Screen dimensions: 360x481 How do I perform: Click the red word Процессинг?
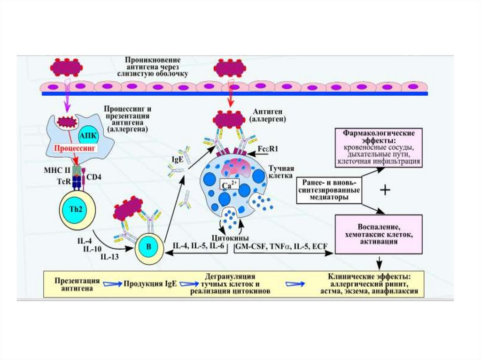pyautogui.click(x=76, y=148)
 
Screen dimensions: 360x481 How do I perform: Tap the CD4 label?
pyautogui.click(x=93, y=177)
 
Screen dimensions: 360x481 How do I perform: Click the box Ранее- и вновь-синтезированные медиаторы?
pyautogui.click(x=329, y=190)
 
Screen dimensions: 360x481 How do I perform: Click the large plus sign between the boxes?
pyautogui.click(x=385, y=190)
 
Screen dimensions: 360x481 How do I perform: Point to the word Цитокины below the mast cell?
pyautogui.click(x=230, y=238)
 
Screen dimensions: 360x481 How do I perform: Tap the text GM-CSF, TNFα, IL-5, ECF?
pyautogui.click(x=282, y=246)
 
